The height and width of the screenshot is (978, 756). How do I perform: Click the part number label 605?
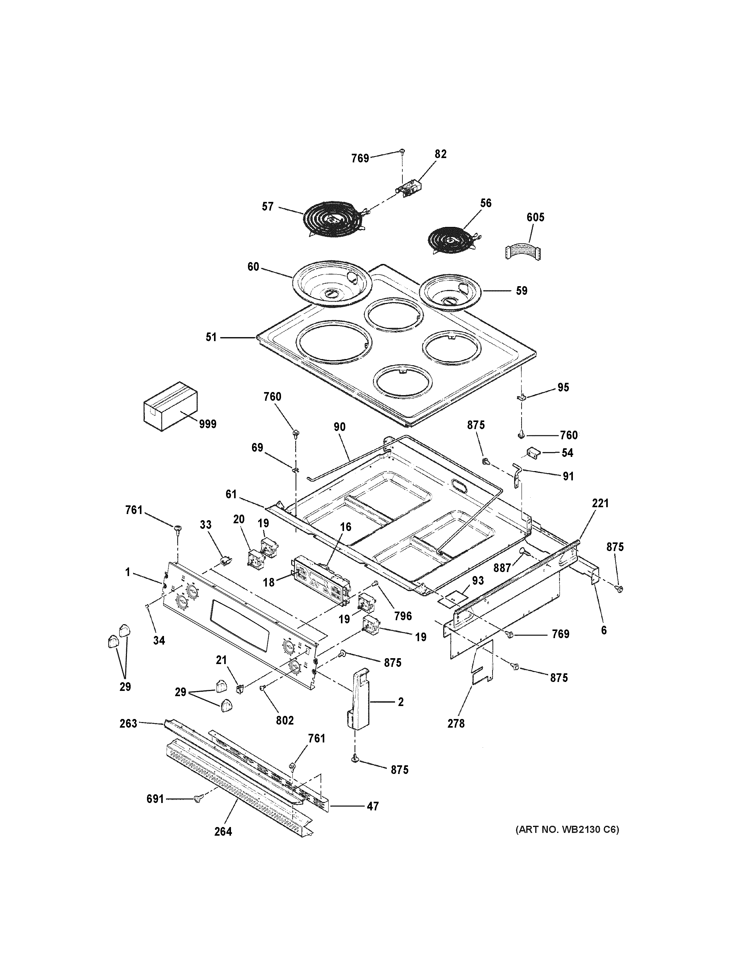(535, 217)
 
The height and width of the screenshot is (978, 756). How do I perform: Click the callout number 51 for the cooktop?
(211, 337)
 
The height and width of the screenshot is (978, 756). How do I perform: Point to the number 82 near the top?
(441, 154)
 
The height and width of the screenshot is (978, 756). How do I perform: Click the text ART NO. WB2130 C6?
(567, 829)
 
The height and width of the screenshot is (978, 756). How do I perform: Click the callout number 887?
(502, 568)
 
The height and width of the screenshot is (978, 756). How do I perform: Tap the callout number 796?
(403, 616)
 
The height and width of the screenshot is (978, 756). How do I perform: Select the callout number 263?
(128, 723)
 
